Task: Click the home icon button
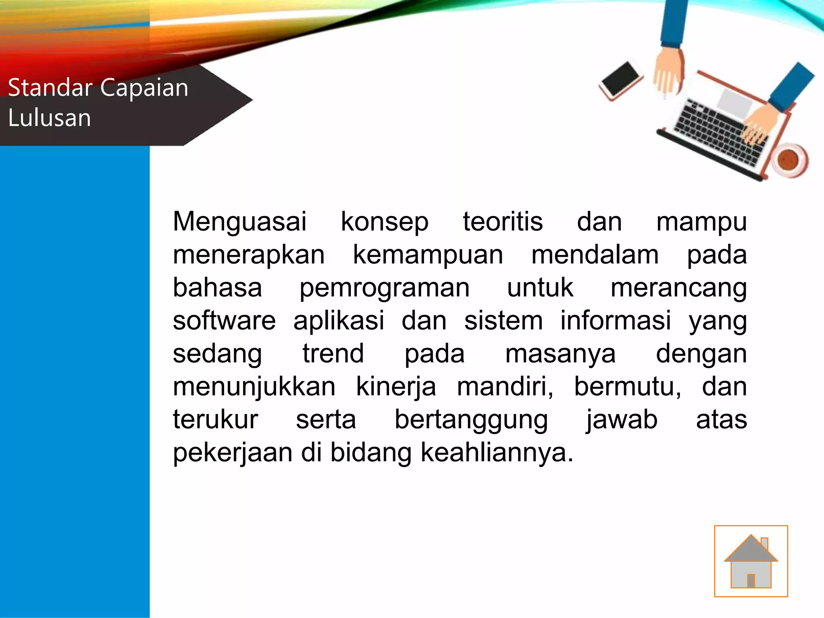pyautogui.click(x=751, y=561)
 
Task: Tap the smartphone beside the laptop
pyautogui.click(x=621, y=80)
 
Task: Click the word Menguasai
pyautogui.click(x=239, y=222)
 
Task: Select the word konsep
pyautogui.click(x=385, y=222)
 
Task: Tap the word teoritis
pyautogui.click(x=503, y=222)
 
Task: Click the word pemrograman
pyautogui.click(x=384, y=288)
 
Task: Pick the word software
pyautogui.click(x=224, y=321)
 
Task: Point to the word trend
pyautogui.click(x=333, y=354)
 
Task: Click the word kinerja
pyautogui.click(x=396, y=387)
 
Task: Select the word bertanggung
pyautogui.click(x=471, y=420)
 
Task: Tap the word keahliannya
pyautogui.click(x=496, y=453)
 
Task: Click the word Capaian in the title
pyautogui.click(x=144, y=88)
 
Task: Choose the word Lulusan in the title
pyautogui.click(x=49, y=118)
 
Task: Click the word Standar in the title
pyautogui.click(x=50, y=88)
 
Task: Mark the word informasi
pyautogui.click(x=616, y=321)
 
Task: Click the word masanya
pyautogui.click(x=560, y=354)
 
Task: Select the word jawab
pyautogui.click(x=622, y=420)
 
